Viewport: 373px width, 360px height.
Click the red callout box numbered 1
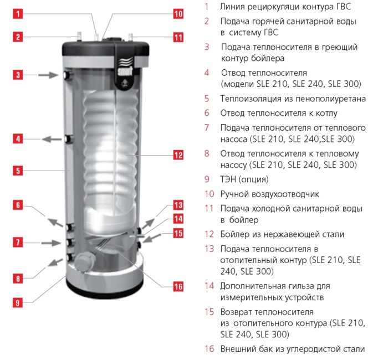[18, 14]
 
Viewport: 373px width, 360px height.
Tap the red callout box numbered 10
[178, 14]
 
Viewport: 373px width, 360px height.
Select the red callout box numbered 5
[18, 171]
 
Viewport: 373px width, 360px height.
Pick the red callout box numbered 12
[178, 155]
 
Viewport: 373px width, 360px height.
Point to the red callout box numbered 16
[178, 286]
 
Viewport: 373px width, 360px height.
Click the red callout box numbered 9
[18, 303]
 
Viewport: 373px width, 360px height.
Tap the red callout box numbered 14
[178, 219]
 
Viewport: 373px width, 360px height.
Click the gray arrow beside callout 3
[48, 75]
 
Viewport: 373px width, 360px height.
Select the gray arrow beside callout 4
[52, 139]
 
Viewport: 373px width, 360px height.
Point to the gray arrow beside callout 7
[51, 243]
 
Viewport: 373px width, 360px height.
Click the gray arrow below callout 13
[149, 224]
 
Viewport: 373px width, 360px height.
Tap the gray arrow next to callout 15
[152, 238]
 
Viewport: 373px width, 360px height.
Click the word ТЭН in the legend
[228, 179]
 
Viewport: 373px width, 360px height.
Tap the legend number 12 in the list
[210, 234]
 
